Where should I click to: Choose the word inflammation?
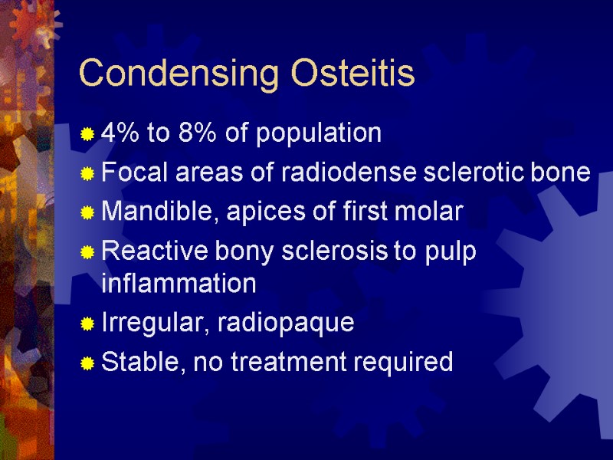click(x=179, y=284)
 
